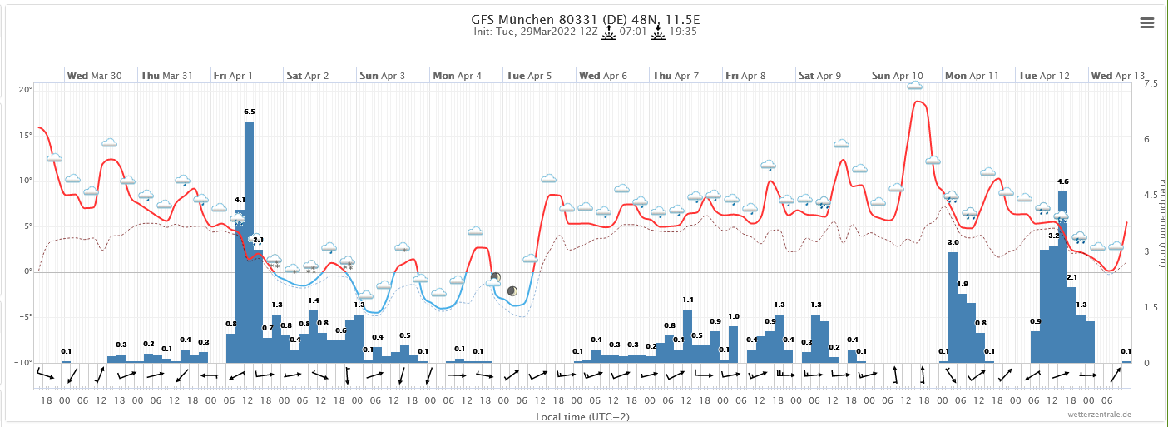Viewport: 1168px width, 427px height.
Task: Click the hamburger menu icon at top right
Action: click(1146, 23)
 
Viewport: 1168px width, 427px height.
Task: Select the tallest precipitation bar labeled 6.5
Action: click(249, 241)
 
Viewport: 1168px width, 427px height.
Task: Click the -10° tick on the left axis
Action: click(25, 363)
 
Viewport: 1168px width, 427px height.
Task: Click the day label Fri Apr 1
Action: click(233, 76)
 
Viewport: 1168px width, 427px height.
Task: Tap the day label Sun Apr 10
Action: click(898, 76)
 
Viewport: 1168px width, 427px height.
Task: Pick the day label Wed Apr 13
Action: click(1117, 76)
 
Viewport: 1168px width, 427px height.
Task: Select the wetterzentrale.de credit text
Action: click(1101, 415)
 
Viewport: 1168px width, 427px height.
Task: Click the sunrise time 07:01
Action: click(634, 32)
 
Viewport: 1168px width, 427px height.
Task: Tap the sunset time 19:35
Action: click(683, 32)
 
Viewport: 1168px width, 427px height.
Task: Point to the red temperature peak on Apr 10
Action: click(917, 102)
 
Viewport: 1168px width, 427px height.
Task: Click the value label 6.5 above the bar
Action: click(250, 111)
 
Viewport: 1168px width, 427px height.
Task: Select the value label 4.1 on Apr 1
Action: click(240, 200)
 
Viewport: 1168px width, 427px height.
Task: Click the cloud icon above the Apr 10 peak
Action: click(914, 85)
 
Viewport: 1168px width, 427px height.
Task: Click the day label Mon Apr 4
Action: click(457, 76)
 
